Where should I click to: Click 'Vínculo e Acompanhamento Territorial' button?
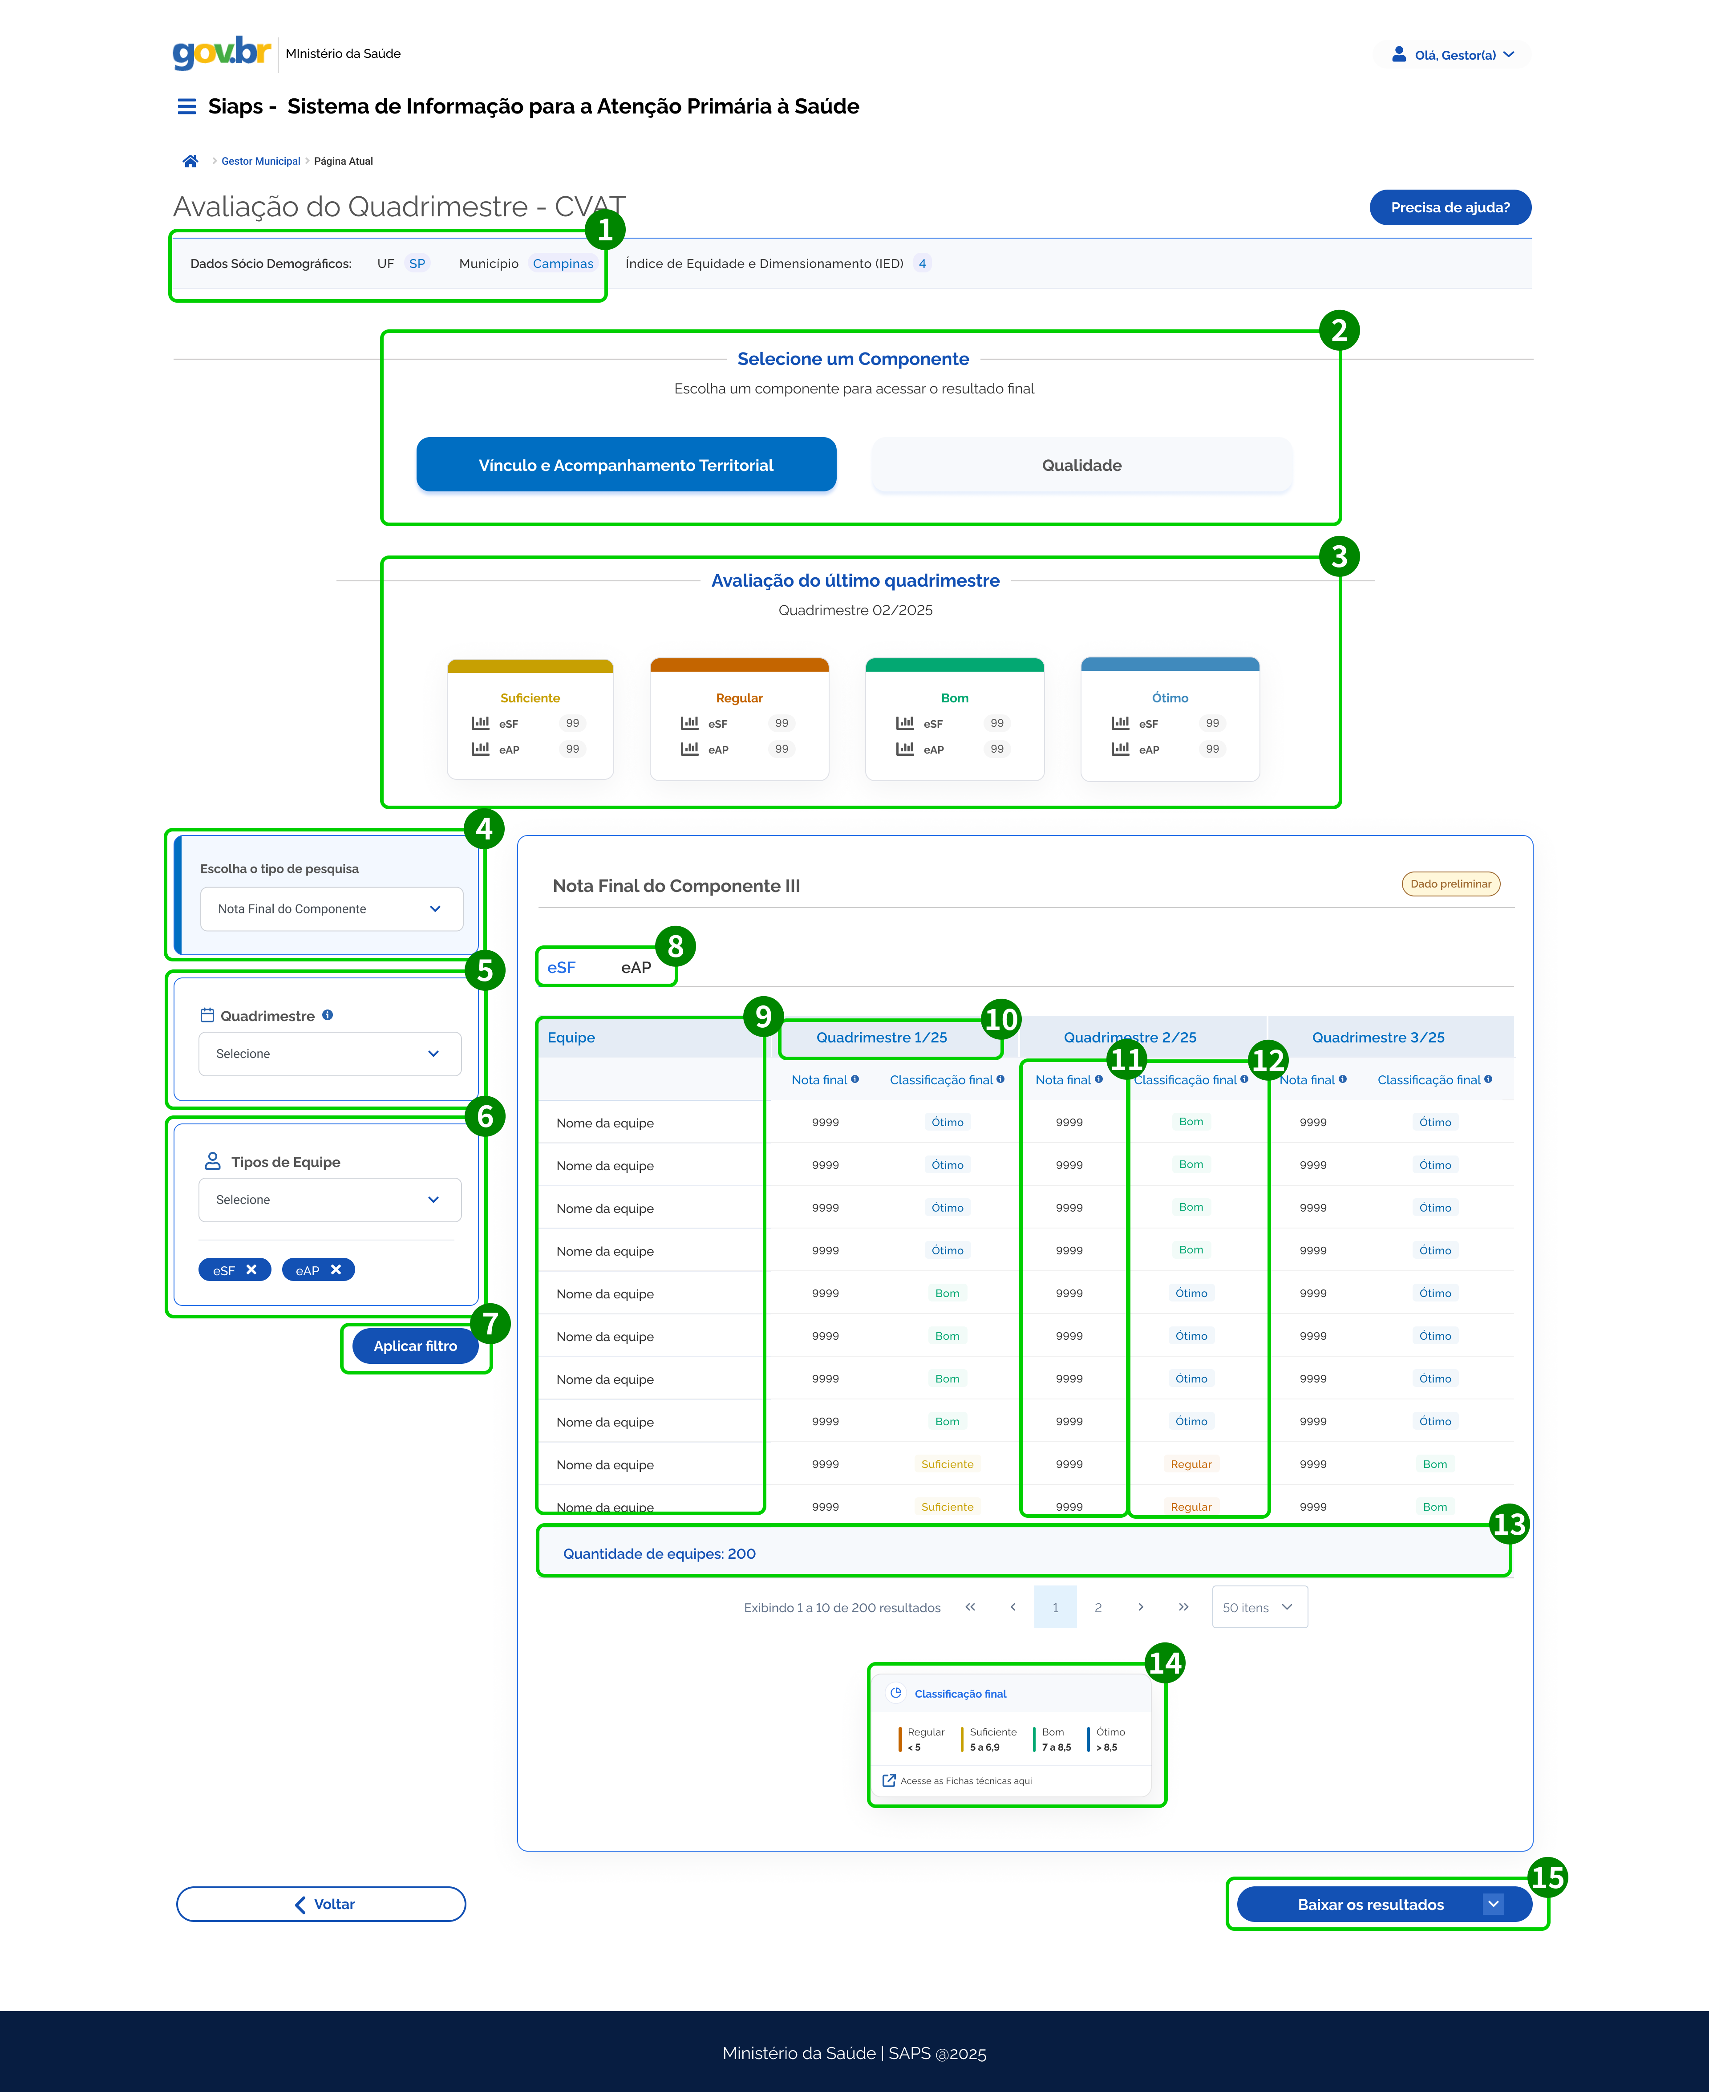click(x=626, y=465)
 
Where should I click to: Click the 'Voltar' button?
click(x=321, y=1904)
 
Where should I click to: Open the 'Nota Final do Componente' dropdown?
click(x=331, y=908)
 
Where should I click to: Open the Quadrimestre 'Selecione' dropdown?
click(x=330, y=1054)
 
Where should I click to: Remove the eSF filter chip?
click(x=251, y=1270)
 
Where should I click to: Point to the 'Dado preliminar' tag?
click(x=1450, y=884)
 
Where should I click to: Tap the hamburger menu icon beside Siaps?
click(x=186, y=106)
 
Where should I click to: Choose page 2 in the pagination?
click(x=1097, y=1608)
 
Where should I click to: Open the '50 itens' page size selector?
click(x=1259, y=1608)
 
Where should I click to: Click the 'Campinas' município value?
click(x=563, y=264)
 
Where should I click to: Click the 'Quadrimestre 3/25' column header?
click(x=1378, y=1038)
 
